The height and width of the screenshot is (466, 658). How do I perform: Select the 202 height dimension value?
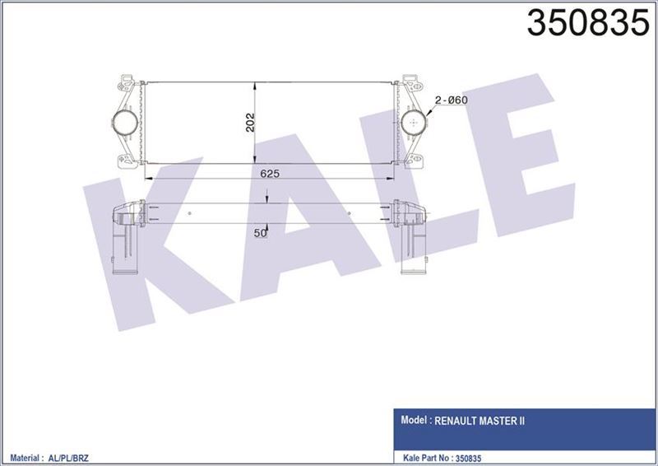250,122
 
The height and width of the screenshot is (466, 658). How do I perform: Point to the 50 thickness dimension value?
261,233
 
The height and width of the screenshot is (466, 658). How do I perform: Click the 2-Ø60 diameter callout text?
451,100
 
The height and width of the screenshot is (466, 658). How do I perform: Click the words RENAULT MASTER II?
480,420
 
